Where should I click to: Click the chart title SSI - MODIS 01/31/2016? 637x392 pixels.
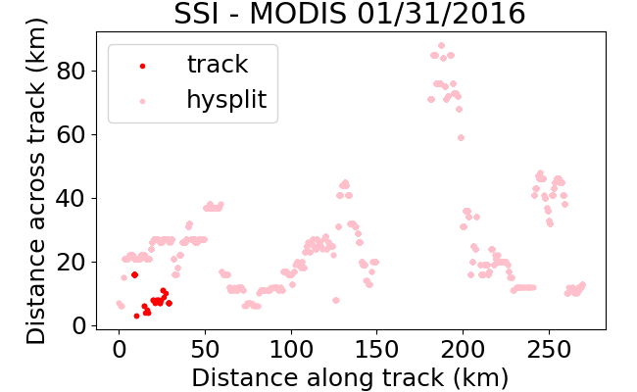[350, 14]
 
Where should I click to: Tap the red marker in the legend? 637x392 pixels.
[143, 66]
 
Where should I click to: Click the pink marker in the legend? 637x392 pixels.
[143, 101]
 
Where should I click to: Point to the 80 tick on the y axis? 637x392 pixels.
[71, 72]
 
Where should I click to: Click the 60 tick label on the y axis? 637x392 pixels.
[71, 135]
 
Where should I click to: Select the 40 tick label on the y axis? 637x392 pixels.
[71, 199]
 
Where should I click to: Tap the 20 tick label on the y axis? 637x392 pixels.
[71, 263]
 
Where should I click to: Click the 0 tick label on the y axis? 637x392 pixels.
[78, 325]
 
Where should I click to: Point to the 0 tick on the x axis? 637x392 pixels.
[119, 349]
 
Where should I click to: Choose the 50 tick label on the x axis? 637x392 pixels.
[205, 349]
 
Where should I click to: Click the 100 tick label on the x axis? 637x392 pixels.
[291, 349]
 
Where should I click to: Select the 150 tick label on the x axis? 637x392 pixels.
[377, 349]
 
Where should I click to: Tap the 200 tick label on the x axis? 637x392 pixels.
[464, 349]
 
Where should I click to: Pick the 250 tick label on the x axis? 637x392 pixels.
[549, 349]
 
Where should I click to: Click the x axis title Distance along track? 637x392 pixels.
[350, 378]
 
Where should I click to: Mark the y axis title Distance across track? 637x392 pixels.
[35, 180]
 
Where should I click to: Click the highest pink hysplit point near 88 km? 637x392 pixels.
[442, 45]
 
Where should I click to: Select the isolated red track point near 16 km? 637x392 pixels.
[135, 275]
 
